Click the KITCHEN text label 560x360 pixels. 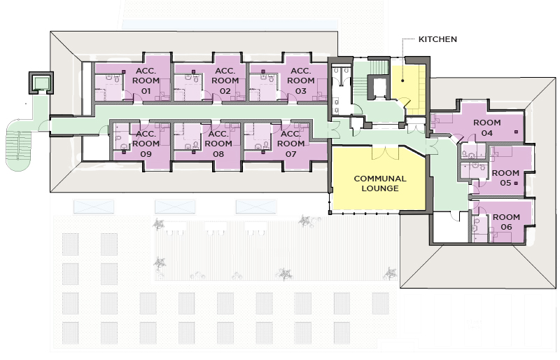click(x=437, y=39)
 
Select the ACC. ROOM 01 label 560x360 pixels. click(x=146, y=81)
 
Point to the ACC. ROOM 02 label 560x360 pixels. click(x=225, y=81)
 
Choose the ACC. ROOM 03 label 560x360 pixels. click(x=300, y=81)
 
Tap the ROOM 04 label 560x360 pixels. click(x=487, y=127)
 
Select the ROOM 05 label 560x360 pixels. click(x=505, y=178)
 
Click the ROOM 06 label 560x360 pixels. click(x=506, y=223)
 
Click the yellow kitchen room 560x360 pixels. click(x=408, y=88)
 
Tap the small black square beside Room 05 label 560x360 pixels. click(x=516, y=183)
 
